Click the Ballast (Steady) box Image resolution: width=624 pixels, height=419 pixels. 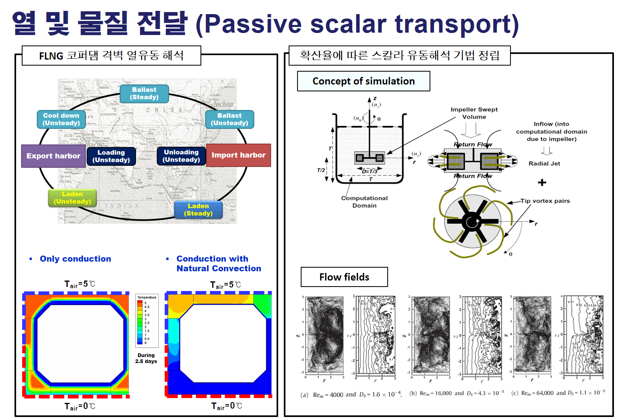[144, 93]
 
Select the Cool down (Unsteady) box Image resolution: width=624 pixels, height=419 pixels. [61, 120]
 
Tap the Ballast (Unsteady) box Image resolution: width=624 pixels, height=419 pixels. [229, 120]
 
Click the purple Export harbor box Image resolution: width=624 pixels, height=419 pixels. [53, 156]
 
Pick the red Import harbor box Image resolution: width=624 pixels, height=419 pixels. [238, 155]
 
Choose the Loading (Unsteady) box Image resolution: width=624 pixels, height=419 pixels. [111, 156]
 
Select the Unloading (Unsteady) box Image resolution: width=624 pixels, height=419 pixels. [181, 156]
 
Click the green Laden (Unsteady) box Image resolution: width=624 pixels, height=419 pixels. [72, 198]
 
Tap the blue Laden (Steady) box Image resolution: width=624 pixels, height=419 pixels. [198, 210]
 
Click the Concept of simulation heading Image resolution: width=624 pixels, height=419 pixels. [364, 81]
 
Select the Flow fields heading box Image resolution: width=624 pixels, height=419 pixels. [344, 277]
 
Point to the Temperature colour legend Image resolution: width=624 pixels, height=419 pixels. [147, 320]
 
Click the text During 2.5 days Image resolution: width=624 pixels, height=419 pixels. [146, 358]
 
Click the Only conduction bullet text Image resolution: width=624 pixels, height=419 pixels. [75, 259]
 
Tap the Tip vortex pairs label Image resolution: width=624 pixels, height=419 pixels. [545, 201]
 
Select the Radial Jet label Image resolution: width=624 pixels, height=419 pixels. [544, 163]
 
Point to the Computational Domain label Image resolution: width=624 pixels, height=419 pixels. [364, 202]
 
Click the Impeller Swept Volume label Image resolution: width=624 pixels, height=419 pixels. [474, 113]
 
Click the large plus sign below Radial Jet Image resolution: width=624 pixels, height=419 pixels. [542, 182]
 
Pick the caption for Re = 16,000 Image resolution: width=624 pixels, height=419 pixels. [457, 393]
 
